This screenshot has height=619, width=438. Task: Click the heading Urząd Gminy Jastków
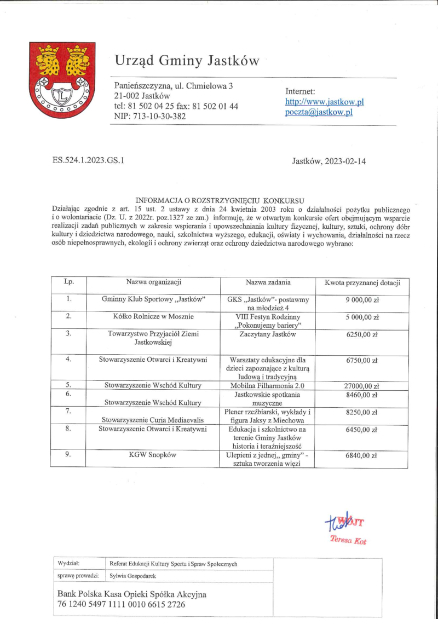(187, 61)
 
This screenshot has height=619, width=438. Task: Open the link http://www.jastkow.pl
(325, 102)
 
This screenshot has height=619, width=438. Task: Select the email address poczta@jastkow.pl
(319, 112)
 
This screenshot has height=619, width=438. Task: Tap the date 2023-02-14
(344, 161)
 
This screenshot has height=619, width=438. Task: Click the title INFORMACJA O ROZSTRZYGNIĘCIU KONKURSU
(219, 201)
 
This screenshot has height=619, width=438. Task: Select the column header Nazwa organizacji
(153, 283)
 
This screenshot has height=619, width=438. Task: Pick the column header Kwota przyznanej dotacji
(362, 283)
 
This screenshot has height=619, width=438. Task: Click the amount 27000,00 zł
(362, 386)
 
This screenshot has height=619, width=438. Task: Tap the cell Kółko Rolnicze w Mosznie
(153, 317)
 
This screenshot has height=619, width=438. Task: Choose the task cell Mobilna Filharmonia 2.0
(268, 386)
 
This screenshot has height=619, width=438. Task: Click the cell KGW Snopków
(153, 455)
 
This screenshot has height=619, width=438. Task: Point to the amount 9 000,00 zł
(362, 300)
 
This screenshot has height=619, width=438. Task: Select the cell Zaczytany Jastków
(268, 334)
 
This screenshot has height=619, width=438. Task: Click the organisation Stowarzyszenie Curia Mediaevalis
(153, 420)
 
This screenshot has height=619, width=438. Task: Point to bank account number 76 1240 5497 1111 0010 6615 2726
(122, 605)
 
